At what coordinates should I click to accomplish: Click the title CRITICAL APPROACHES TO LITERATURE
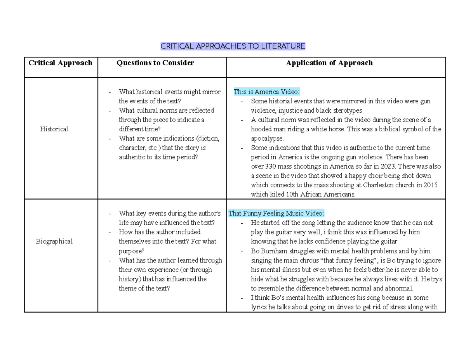coord(233,47)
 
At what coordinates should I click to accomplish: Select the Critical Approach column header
coord(61,63)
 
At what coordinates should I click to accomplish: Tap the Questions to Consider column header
coord(155,63)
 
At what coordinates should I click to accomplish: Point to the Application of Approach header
coord(329,63)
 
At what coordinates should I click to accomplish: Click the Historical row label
coord(54,129)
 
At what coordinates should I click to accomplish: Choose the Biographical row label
coord(54,241)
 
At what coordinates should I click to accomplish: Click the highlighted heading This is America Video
coord(266,92)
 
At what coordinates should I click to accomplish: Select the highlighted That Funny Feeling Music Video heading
coord(276,213)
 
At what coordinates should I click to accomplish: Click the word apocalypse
coord(267,138)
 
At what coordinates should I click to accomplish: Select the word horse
coord(341,129)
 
